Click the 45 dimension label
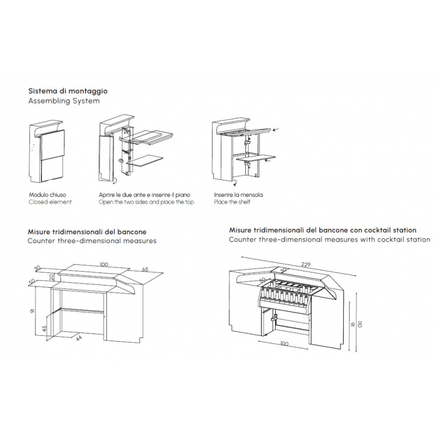coord(45,330)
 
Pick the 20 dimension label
coord(51,277)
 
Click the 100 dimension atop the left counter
coord(104,264)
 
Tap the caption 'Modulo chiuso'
coord(47,194)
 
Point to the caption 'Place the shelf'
coord(233,202)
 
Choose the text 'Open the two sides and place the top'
coord(146,202)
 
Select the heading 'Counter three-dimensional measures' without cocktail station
coord(92,240)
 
